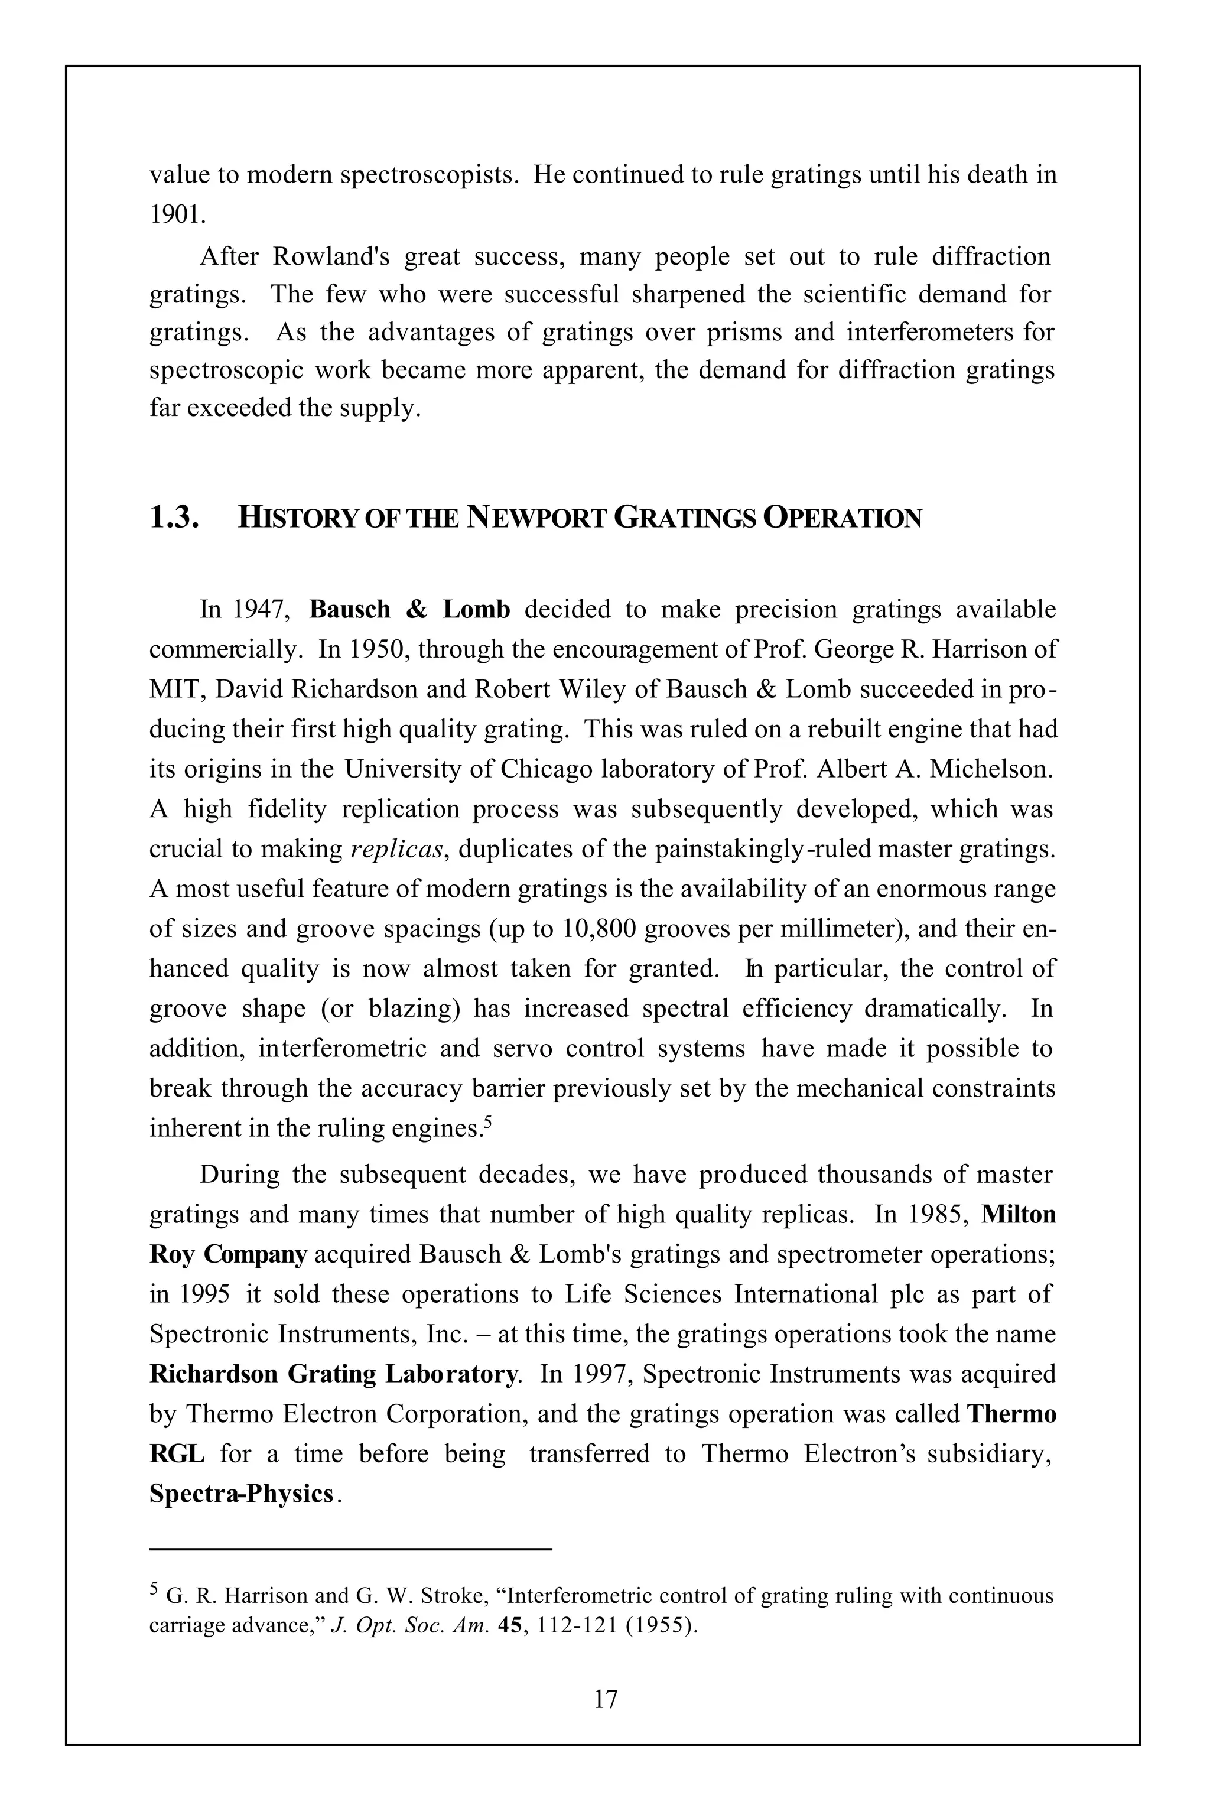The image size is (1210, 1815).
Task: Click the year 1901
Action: tap(176, 214)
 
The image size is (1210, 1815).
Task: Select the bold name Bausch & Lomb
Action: tap(410, 610)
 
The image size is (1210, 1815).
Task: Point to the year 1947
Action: tap(260, 610)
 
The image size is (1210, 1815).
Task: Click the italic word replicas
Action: tap(398, 849)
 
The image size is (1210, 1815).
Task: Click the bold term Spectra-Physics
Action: tap(242, 1494)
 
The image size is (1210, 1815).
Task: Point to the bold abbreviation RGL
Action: tap(177, 1454)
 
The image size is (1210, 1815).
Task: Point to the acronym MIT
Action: tap(175, 689)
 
